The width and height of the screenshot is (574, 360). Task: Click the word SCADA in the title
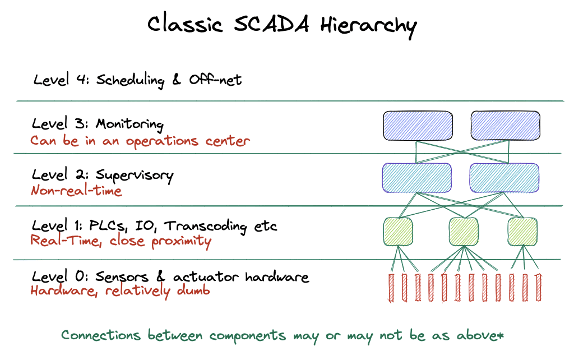click(x=271, y=24)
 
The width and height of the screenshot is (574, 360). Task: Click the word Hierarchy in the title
click(x=369, y=26)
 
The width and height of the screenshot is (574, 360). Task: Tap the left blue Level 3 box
click(x=418, y=126)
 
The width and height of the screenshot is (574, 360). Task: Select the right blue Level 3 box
click(x=506, y=126)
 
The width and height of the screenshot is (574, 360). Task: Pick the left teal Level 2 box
click(x=417, y=178)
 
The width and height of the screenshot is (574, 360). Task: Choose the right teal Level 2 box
click(x=504, y=178)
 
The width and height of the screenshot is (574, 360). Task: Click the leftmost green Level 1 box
click(x=398, y=232)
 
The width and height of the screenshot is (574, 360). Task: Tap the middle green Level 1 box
click(x=464, y=232)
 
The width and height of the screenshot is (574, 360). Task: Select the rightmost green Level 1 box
click(x=523, y=232)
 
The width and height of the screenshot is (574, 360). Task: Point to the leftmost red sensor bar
click(x=391, y=288)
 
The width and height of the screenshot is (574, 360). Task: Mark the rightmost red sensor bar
click(x=538, y=288)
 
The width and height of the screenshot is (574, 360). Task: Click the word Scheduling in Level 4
click(x=130, y=81)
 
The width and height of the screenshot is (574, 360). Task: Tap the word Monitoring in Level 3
click(x=129, y=124)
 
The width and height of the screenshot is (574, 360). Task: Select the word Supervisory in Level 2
click(x=135, y=176)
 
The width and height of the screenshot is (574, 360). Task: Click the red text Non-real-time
click(x=76, y=191)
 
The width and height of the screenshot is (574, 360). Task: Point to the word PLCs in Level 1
click(x=108, y=226)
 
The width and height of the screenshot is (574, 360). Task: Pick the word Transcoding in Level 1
click(x=205, y=227)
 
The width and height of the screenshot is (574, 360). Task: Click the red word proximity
click(x=181, y=242)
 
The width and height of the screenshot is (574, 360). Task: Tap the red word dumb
click(x=193, y=290)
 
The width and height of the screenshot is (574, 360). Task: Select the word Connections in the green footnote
click(x=101, y=335)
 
